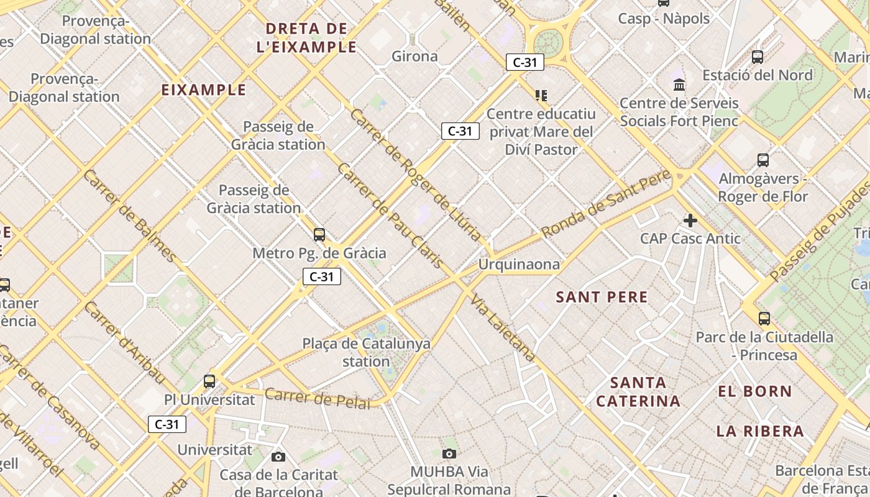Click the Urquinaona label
519,265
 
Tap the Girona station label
414,57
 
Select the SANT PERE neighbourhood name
602,297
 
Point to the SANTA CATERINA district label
638,391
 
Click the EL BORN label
755,391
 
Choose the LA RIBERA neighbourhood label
760,431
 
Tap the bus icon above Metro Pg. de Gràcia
319,235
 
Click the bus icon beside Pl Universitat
209,381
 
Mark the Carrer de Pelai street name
317,398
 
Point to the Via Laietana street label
503,328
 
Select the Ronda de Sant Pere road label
606,203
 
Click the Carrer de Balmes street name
129,215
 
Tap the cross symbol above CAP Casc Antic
690,221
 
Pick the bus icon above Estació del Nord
758,57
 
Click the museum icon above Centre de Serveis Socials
679,84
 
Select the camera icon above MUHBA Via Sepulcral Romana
449,454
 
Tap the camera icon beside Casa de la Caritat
278,457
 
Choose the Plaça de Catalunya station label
366,352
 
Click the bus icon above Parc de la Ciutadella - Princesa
764,319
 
